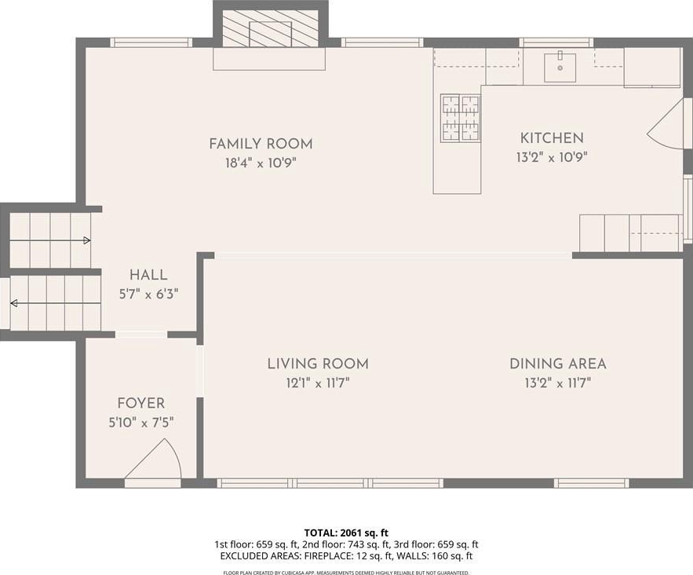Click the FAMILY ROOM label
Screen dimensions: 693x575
(x=261, y=145)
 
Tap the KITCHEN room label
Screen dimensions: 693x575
(x=552, y=138)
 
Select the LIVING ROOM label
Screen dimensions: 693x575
(x=318, y=364)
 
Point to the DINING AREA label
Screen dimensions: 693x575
(x=558, y=364)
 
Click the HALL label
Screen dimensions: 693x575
(x=148, y=275)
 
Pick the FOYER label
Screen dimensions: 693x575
(x=141, y=404)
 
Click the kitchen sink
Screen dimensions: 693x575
(x=560, y=68)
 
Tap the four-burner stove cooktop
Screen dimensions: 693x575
(x=461, y=118)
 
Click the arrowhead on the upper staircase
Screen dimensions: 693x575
(x=87, y=240)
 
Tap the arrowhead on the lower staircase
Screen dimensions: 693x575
(x=13, y=303)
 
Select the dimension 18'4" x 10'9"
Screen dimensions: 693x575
(x=261, y=163)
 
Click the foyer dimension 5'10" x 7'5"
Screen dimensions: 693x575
(x=141, y=423)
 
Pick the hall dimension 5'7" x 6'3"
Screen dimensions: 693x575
(x=148, y=294)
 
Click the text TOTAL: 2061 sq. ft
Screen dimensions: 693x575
(x=346, y=533)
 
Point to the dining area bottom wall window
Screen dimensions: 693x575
(x=592, y=483)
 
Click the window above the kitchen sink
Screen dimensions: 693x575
(x=556, y=42)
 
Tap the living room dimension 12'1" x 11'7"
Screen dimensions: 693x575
(x=318, y=383)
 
